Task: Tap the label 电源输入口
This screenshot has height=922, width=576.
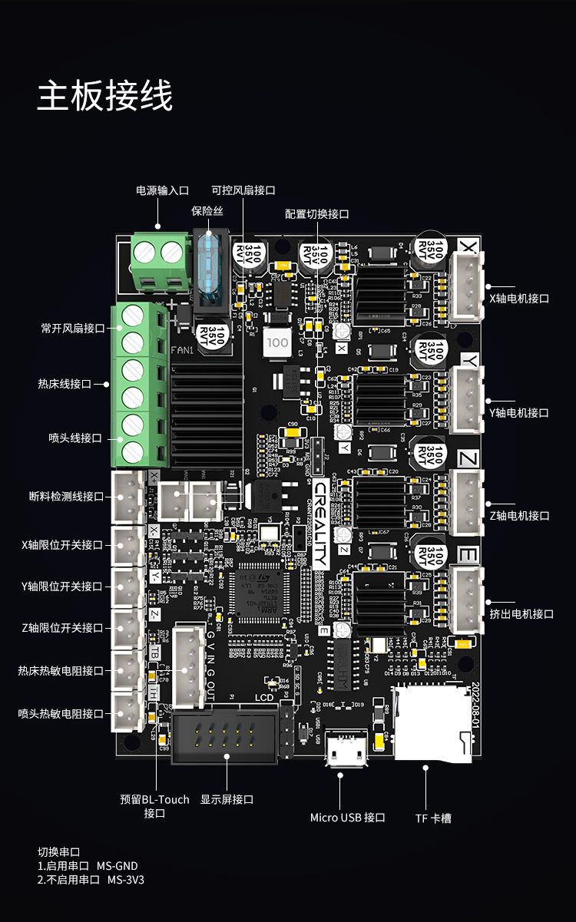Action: point(162,190)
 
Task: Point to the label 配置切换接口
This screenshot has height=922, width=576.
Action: point(316,214)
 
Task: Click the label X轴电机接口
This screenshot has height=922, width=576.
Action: point(519,299)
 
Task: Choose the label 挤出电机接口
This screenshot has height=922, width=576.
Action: point(521,613)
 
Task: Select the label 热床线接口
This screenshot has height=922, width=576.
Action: point(65,383)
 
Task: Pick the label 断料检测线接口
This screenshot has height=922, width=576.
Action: point(66,497)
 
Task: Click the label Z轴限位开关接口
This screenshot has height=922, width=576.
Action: point(62,628)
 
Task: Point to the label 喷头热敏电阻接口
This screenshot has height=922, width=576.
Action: point(61,713)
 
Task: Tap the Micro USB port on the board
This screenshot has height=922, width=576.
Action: point(346,749)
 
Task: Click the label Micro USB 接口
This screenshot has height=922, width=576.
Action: point(347,818)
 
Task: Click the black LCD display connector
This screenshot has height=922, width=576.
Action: point(223,738)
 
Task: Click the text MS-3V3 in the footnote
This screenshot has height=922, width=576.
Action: point(125,880)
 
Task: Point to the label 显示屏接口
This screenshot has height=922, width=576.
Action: point(227,799)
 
